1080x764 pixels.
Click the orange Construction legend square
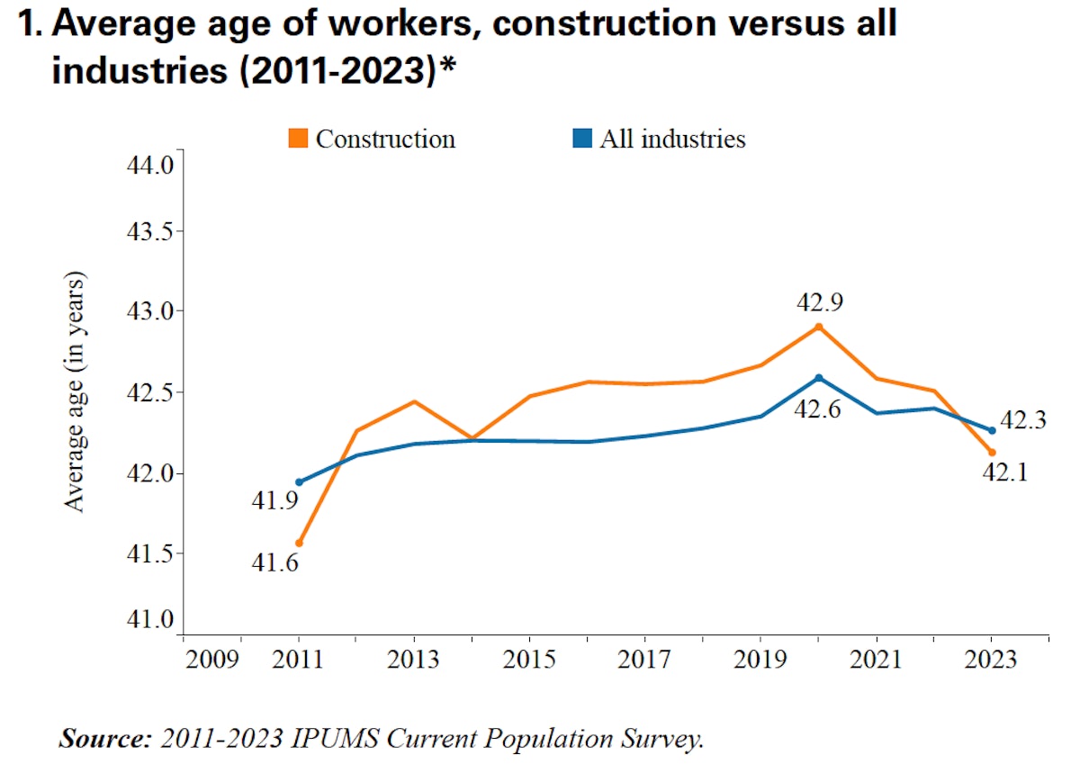click(298, 139)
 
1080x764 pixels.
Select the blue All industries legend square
click(582, 139)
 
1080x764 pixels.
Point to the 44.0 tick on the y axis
click(150, 166)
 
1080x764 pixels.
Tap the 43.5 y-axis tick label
click(150, 231)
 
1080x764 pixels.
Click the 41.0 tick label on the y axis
click(150, 619)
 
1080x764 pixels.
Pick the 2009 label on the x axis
click(213, 660)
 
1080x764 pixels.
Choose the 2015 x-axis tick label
click(530, 660)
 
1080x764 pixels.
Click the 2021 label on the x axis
click(876, 660)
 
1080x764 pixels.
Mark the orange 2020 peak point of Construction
click(818, 326)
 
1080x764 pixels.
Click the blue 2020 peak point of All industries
click(818, 377)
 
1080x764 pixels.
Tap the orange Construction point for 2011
click(299, 544)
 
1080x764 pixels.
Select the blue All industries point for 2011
click(299, 482)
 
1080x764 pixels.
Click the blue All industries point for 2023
click(992, 430)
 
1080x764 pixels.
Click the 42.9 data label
click(820, 301)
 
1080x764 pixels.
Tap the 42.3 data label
click(1023, 419)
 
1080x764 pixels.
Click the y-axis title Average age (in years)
click(75, 391)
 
